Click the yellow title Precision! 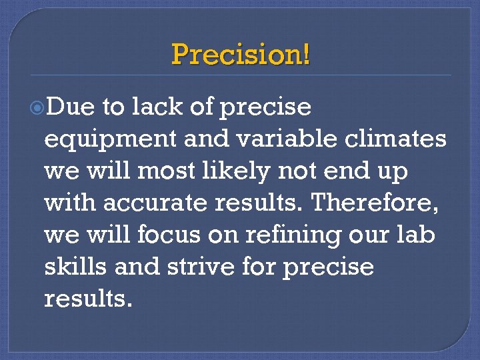(x=241, y=54)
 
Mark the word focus (x=173, y=235)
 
